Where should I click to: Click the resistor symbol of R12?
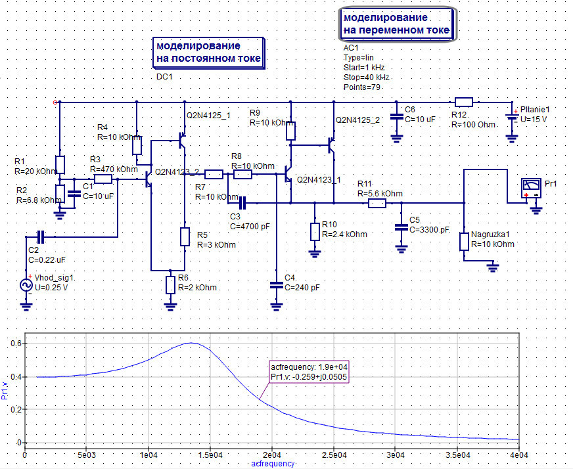pos(463,102)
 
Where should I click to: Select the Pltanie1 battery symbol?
pos(512,118)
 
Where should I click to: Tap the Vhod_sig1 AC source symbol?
pos(26,285)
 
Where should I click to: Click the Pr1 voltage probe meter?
pos(531,189)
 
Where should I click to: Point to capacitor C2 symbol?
pos(41,236)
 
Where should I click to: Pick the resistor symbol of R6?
pos(170,285)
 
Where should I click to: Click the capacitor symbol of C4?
pos(276,285)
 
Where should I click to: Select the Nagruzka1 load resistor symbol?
pos(464,242)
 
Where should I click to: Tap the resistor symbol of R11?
pos(377,203)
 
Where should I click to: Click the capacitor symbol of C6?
pos(396,116)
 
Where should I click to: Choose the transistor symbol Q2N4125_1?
pos(183,141)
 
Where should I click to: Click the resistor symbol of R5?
pos(185,236)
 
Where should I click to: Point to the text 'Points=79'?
pos(362,87)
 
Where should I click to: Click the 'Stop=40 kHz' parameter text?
pos(366,78)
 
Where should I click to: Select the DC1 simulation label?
pos(164,77)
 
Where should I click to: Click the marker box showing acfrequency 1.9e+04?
pos(309,372)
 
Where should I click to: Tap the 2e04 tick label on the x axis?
pos(272,455)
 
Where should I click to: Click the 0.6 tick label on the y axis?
pos(16,344)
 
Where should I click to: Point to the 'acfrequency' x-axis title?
pos(273,464)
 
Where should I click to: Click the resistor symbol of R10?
pos(315,232)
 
